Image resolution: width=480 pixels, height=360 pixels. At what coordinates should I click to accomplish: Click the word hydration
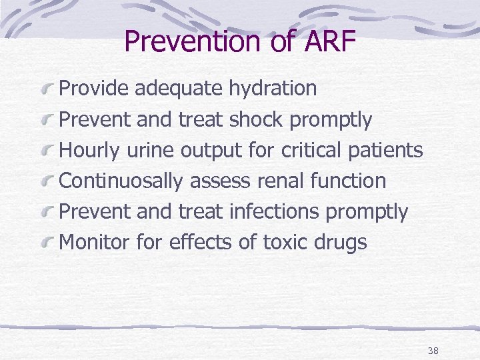click(x=273, y=89)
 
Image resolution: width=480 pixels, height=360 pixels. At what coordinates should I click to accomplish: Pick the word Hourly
click(x=89, y=151)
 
